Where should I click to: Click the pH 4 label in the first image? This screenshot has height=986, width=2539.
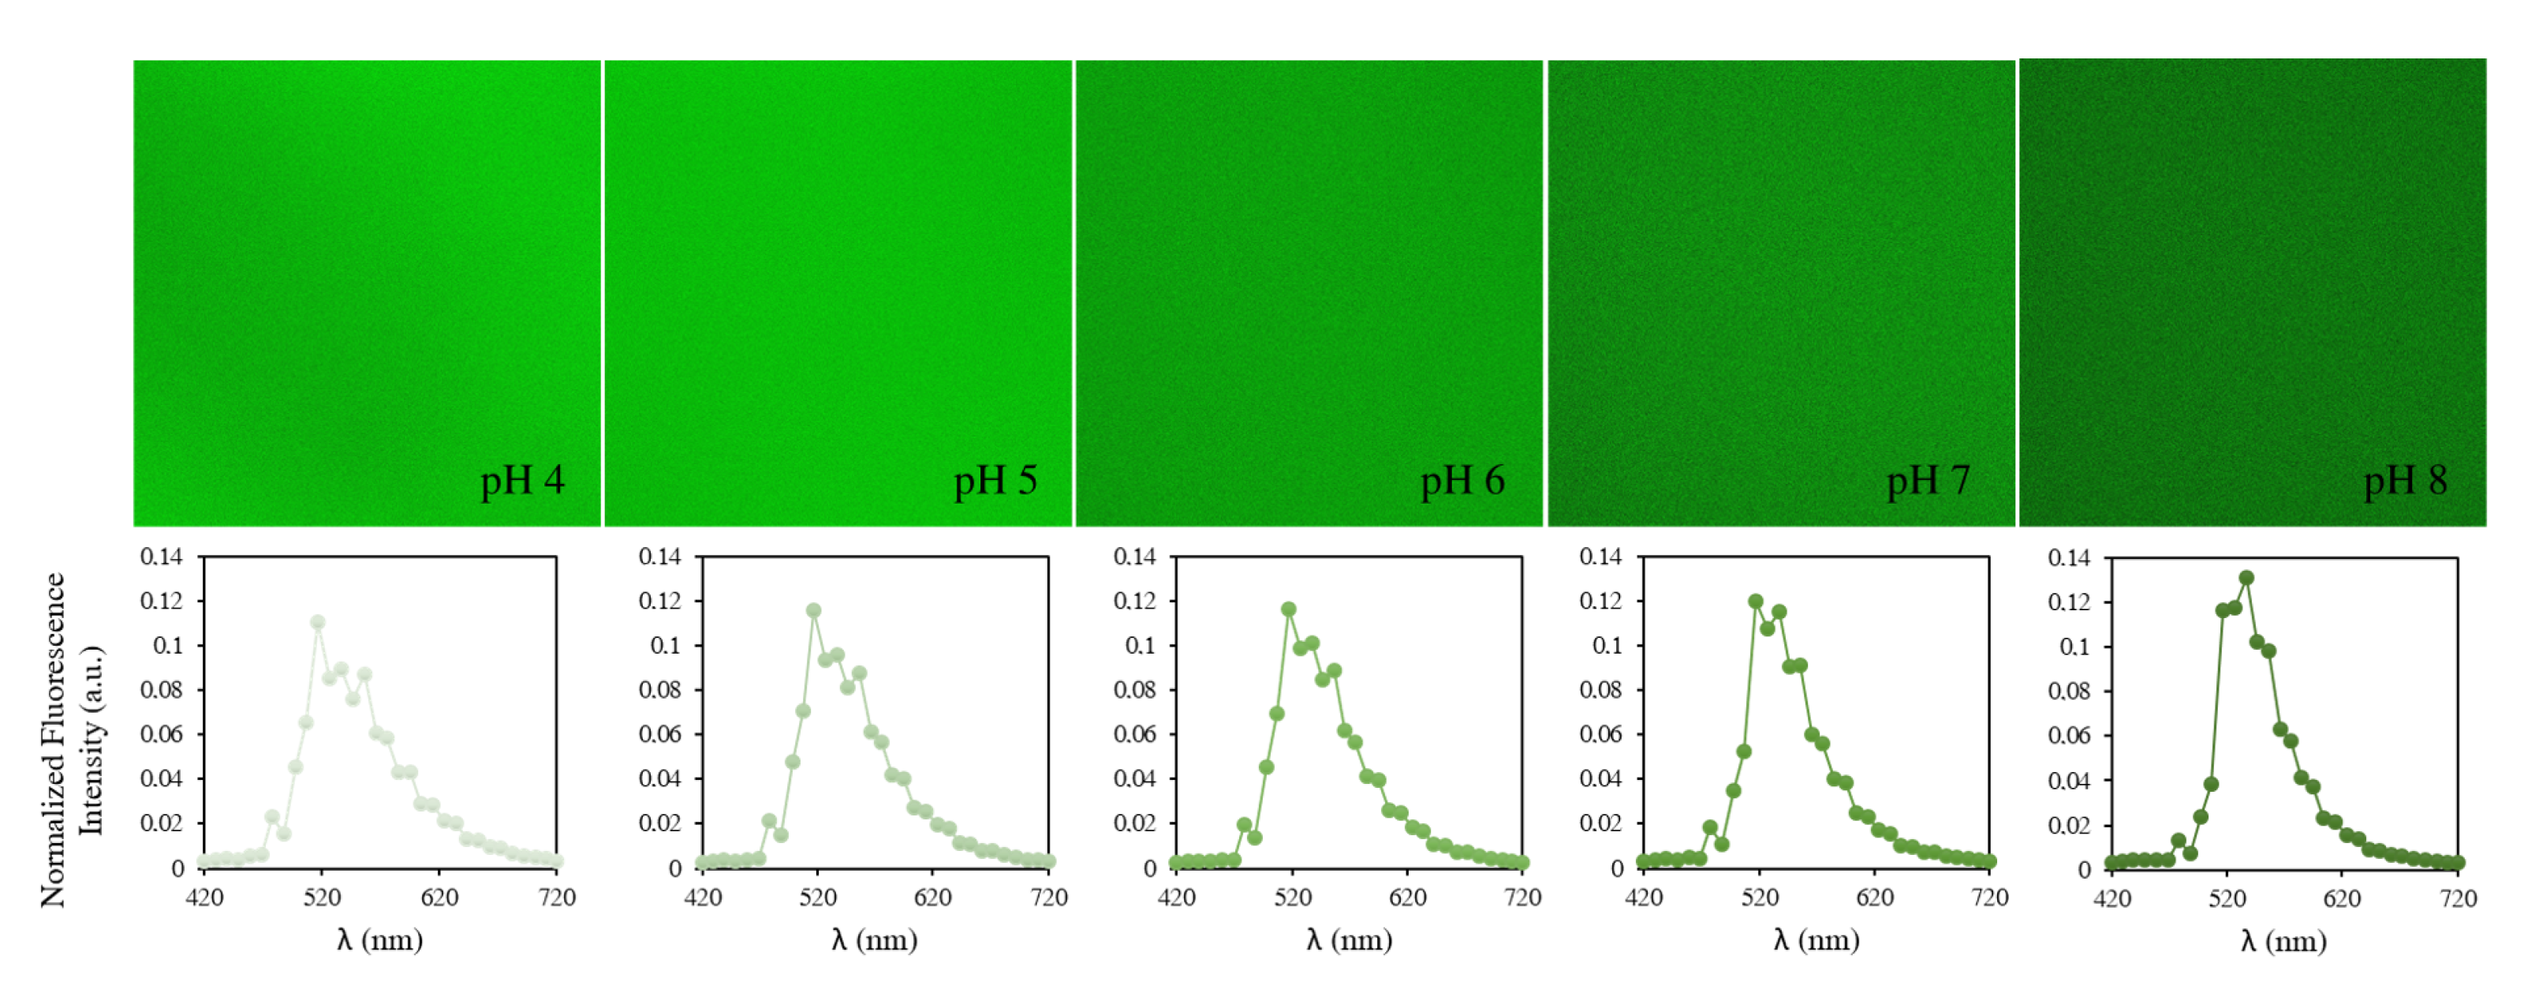[521, 482]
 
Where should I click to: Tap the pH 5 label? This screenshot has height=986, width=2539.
[995, 482]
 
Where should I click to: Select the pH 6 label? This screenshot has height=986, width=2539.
[1462, 482]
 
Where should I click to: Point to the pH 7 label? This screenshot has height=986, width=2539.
[1928, 482]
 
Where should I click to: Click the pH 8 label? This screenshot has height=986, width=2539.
[2405, 482]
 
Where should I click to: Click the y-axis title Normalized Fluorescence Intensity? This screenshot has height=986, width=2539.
[71, 740]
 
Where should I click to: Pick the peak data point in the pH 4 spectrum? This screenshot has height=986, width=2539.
[317, 623]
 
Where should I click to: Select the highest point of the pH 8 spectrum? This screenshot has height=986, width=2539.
[2246, 579]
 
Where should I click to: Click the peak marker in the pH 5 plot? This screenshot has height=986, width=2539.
[813, 611]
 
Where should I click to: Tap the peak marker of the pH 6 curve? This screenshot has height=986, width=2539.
[1288, 610]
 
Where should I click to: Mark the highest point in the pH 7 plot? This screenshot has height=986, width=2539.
[1756, 602]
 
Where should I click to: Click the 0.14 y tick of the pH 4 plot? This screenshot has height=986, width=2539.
[161, 557]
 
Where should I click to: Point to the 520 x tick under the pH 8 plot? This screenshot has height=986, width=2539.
[2227, 899]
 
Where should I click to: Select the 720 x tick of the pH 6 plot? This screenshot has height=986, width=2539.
[1522, 898]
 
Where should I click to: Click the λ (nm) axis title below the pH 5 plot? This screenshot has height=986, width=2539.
[873, 939]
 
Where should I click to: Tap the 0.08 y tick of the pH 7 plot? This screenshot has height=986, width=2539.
[1600, 690]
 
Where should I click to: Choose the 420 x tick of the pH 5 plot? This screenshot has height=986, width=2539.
[703, 898]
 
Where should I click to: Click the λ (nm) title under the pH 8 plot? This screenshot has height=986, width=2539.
[2283, 942]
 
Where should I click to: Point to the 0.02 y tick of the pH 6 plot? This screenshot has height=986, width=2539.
[1134, 823]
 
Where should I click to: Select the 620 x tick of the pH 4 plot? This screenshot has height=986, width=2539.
[439, 898]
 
